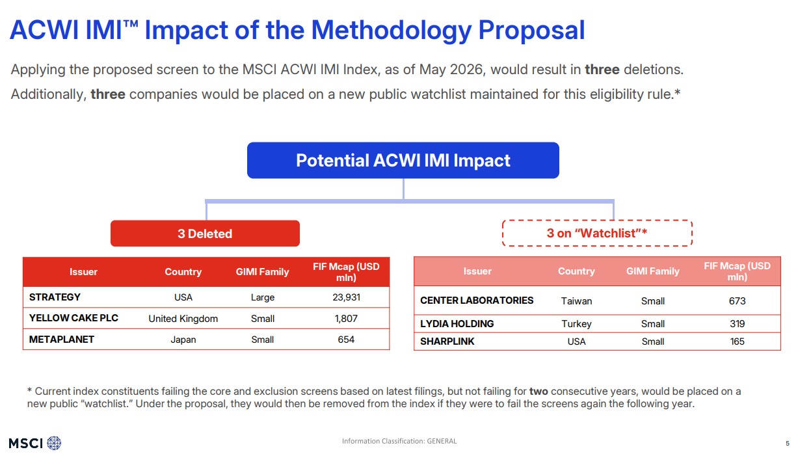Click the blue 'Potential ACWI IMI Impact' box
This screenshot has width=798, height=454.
click(403, 161)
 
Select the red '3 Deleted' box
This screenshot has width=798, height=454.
click(205, 234)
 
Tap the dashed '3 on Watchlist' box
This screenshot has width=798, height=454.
click(597, 233)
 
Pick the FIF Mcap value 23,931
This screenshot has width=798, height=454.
click(346, 297)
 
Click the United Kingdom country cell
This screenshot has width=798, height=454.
click(183, 319)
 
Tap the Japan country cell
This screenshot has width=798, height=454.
click(183, 340)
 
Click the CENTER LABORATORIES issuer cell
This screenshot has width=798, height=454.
click(477, 300)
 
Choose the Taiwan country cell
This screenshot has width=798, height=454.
click(576, 301)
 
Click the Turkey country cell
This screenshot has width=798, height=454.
click(576, 324)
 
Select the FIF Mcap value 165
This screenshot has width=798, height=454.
click(737, 341)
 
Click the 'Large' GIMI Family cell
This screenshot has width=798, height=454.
click(263, 297)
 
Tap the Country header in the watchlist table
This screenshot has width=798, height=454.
click(576, 271)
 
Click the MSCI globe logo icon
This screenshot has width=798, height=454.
click(54, 443)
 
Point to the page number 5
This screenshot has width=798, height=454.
click(788, 444)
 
